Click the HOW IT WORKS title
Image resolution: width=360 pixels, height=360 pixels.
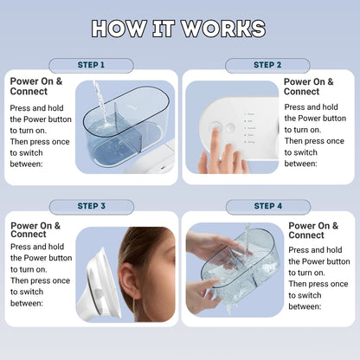click(x=179, y=28)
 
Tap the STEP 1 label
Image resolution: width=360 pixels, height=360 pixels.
click(x=91, y=65)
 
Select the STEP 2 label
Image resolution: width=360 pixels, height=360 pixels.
click(x=267, y=65)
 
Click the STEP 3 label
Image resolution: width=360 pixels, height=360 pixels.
click(x=91, y=206)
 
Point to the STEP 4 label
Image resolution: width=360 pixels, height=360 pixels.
click(x=267, y=206)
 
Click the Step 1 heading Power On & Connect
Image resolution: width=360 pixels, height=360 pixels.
click(x=35, y=87)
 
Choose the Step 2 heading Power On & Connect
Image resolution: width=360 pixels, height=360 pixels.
click(x=301, y=87)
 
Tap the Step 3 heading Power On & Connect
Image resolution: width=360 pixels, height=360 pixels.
click(x=35, y=230)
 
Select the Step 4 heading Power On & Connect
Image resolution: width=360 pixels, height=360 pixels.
click(x=306, y=230)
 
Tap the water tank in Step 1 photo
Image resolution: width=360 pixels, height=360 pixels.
click(x=121, y=130)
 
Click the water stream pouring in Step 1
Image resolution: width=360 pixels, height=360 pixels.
click(x=98, y=100)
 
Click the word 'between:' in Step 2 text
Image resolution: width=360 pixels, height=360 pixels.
click(x=301, y=163)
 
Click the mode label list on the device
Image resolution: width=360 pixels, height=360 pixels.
click(x=250, y=125)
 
